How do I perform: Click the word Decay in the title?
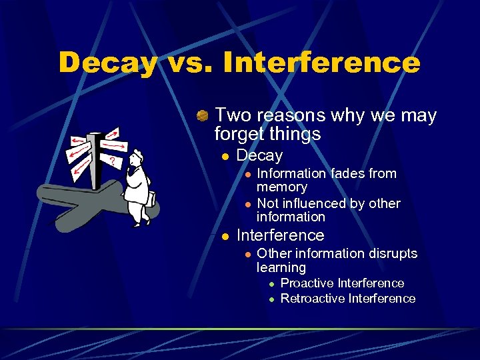pyautogui.click(x=107, y=63)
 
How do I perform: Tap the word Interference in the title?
pyautogui.click(x=322, y=63)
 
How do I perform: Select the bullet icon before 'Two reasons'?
pyautogui.click(x=203, y=116)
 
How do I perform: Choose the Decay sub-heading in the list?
pyautogui.click(x=259, y=156)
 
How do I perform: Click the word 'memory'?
pyautogui.click(x=281, y=187)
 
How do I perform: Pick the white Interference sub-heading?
pyautogui.click(x=280, y=235)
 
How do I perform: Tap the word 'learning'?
pyautogui.click(x=281, y=267)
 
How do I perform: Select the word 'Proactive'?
pyautogui.click(x=307, y=283)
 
